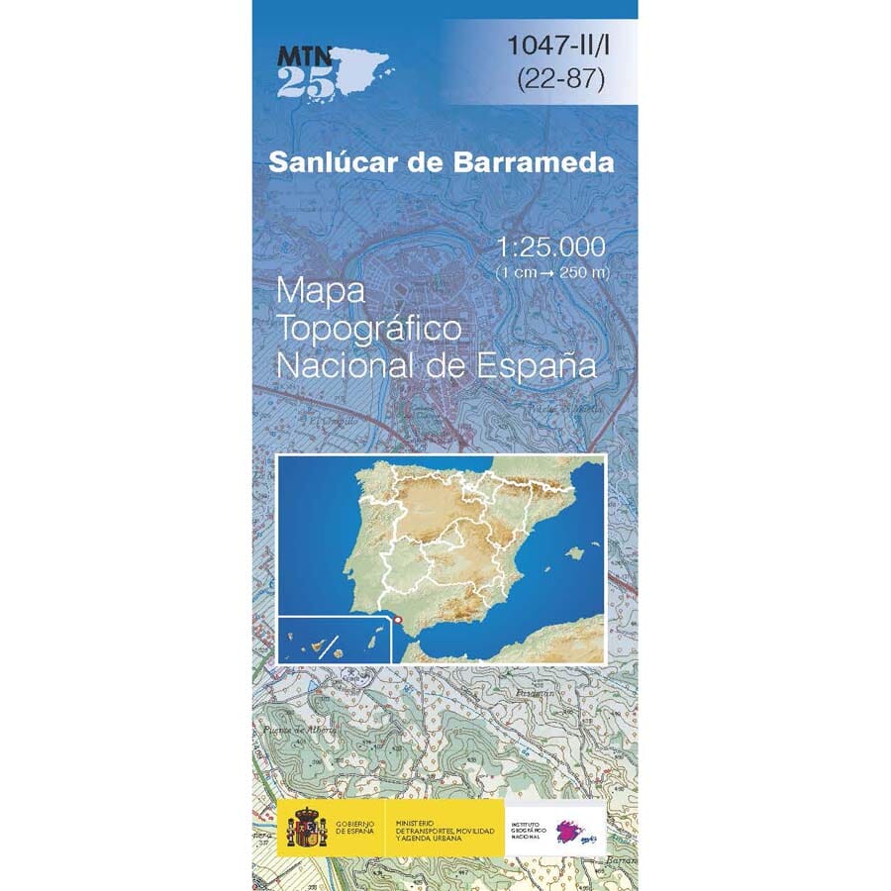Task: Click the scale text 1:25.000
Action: (552, 245)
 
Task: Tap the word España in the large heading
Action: (543, 365)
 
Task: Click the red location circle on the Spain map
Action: (399, 620)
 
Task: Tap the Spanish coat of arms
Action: (306, 828)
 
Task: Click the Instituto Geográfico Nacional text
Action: (531, 828)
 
